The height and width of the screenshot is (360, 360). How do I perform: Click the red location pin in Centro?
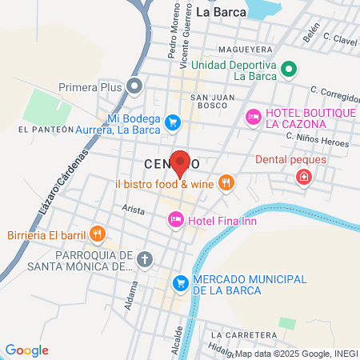pos(181,162)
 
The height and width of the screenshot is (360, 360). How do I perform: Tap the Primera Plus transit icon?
pos(134,84)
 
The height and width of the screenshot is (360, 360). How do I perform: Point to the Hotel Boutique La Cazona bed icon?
pos(253,117)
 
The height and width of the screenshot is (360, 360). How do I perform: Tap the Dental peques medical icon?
pos(302,176)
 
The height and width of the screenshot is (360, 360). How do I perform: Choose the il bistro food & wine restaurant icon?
pos(227,183)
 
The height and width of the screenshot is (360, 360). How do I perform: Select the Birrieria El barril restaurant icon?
pos(97,234)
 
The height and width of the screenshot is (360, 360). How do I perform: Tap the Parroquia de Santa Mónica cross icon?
pos(144,258)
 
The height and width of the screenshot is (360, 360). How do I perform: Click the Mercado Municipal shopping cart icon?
pos(182,282)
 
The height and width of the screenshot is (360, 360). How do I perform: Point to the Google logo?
pos(26,350)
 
